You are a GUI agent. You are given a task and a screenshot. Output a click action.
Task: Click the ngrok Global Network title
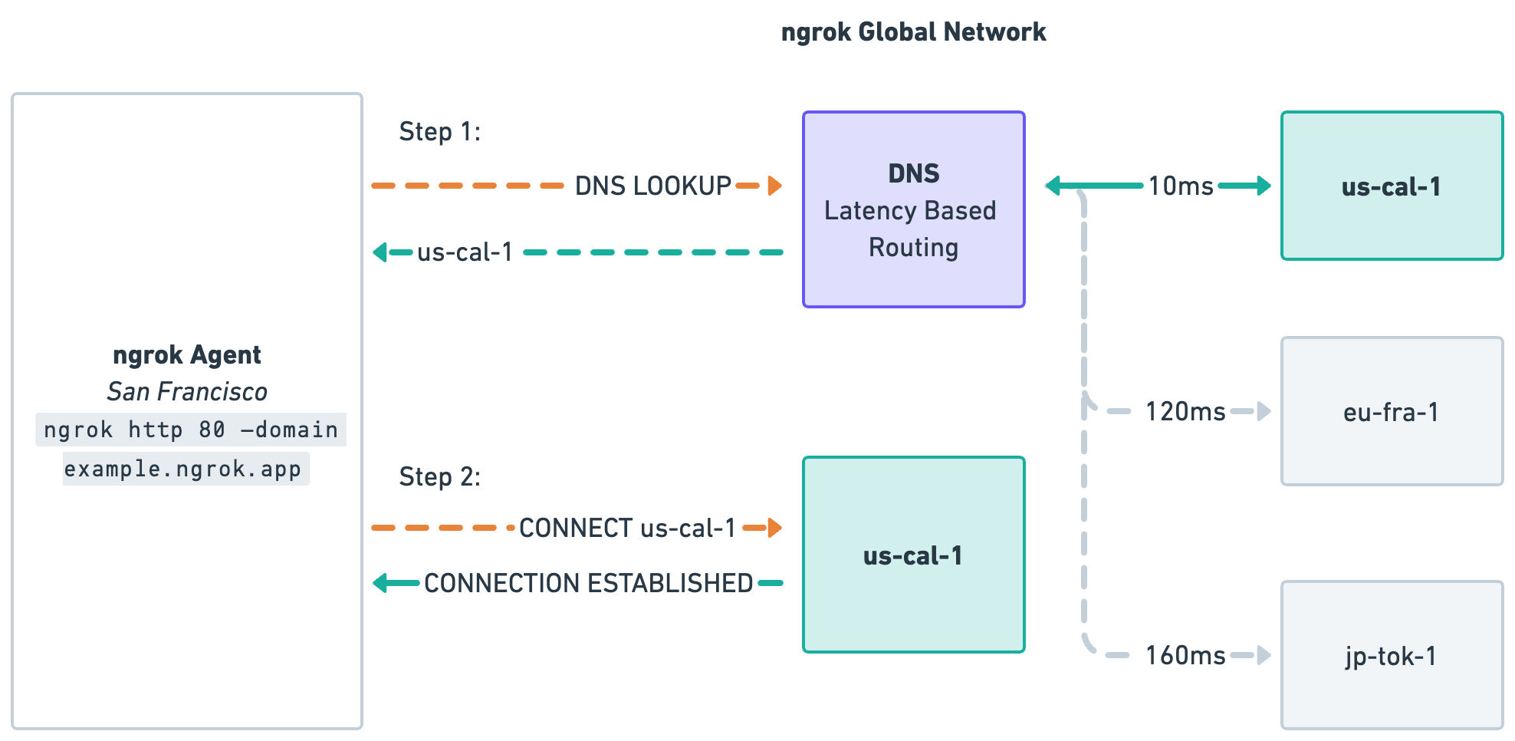point(913,32)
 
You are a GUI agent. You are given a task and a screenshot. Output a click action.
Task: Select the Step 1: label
point(439,132)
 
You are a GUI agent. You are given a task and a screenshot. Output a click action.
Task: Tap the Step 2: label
point(439,477)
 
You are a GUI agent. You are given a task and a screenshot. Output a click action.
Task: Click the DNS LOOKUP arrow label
point(653,186)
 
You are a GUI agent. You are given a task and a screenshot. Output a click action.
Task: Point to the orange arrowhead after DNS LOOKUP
point(774,186)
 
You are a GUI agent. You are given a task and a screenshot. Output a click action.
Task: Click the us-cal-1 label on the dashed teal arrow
point(465,252)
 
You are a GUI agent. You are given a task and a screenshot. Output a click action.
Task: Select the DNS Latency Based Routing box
point(913,209)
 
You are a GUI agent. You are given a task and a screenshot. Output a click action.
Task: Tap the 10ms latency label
point(1181,186)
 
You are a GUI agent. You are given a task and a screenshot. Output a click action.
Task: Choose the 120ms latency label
point(1185,412)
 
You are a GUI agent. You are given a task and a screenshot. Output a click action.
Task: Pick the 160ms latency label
point(1185,656)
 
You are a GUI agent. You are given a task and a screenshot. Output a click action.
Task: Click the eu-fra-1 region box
point(1392,412)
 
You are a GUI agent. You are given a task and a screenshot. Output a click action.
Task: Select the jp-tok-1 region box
point(1392,656)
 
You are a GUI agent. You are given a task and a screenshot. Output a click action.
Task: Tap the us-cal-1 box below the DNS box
point(913,555)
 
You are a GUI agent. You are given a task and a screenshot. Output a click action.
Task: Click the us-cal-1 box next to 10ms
point(1392,186)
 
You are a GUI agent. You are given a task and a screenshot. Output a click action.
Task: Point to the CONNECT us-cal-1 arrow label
point(627,528)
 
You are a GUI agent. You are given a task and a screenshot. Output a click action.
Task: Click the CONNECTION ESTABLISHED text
point(589,584)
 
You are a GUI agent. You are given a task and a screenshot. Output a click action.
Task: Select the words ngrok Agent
point(187,355)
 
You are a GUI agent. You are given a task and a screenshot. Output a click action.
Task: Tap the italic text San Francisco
point(187,392)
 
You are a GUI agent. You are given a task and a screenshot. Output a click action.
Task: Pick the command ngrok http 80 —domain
point(191,430)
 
